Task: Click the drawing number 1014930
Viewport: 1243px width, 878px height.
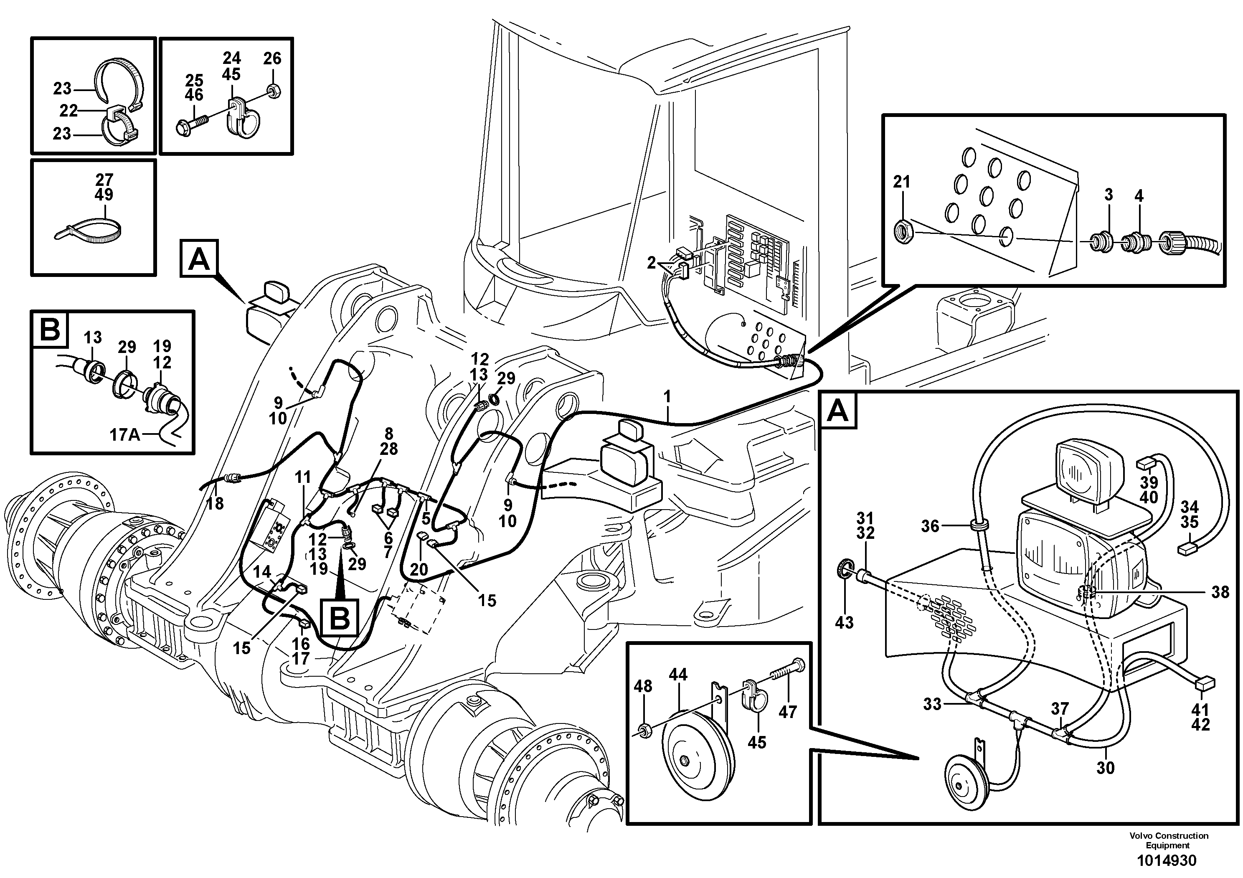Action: (x=1167, y=860)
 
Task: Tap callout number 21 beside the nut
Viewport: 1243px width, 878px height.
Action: (x=901, y=182)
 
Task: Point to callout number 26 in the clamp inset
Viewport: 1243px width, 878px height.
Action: (x=272, y=58)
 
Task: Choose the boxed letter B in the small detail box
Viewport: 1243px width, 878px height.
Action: (x=50, y=329)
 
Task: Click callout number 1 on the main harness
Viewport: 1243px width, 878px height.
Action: (x=667, y=397)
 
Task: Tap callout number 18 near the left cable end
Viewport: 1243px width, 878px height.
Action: (x=215, y=503)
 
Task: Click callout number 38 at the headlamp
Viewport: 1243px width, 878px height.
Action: (x=1220, y=592)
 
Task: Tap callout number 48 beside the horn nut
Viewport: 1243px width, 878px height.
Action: (x=643, y=686)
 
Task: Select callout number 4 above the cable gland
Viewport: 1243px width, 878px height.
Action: (x=1139, y=196)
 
